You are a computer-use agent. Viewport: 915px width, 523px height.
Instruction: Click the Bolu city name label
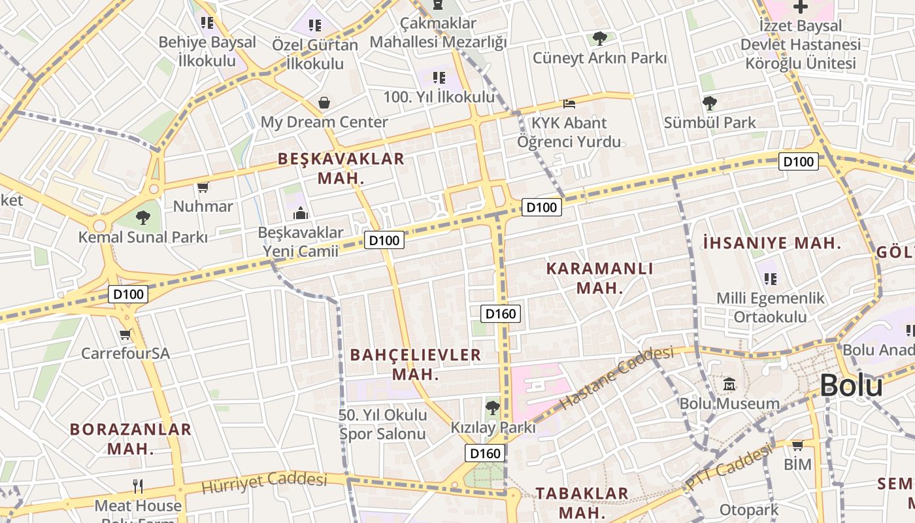(851, 386)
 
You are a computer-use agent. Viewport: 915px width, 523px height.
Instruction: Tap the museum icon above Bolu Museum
(729, 384)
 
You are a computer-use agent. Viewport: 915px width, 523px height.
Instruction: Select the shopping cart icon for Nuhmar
(203, 188)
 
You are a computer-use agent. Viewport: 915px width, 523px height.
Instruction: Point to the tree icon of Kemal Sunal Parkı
(142, 217)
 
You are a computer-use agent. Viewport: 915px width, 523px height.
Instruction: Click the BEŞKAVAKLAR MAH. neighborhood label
(341, 168)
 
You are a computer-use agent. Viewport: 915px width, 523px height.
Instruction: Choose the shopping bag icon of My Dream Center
(324, 103)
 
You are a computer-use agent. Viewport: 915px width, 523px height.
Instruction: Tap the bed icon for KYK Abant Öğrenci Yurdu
(569, 104)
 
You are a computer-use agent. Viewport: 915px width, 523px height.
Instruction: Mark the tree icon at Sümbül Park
(709, 103)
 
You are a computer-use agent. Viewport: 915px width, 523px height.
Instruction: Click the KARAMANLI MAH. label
(599, 278)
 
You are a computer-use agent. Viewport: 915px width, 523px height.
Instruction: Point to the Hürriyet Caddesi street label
(264, 482)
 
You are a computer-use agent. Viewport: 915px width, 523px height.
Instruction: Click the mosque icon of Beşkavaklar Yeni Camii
(300, 212)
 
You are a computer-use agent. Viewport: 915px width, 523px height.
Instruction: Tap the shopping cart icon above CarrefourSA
(125, 335)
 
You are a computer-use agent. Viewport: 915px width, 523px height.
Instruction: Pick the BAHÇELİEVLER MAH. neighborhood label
(416, 364)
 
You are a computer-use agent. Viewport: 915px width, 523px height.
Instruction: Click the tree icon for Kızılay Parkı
(493, 408)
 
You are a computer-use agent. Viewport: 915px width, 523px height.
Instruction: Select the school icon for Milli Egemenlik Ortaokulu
(771, 279)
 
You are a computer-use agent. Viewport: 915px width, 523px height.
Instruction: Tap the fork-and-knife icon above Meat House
(137, 486)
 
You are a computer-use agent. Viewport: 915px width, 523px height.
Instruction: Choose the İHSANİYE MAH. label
(772, 243)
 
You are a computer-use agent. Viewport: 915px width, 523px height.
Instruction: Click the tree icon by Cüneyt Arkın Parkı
(599, 39)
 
